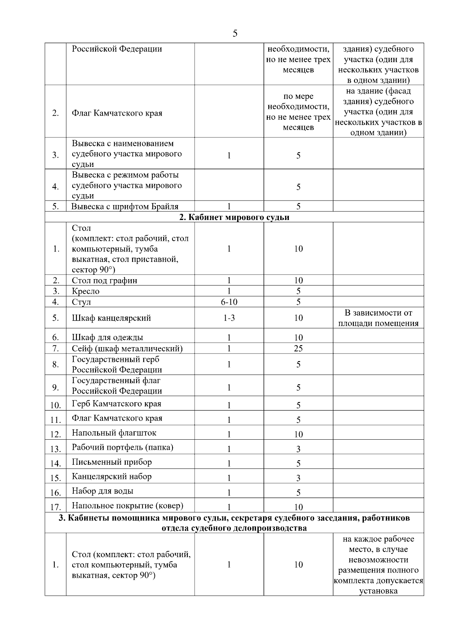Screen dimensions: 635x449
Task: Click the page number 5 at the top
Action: point(235,34)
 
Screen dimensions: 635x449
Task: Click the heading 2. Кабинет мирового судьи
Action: point(234,217)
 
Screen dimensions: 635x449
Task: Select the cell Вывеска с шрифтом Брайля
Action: point(125,206)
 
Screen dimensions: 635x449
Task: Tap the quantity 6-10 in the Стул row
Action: point(229,302)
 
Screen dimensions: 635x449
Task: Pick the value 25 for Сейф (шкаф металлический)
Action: point(298,348)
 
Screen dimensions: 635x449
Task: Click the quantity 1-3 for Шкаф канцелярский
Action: point(229,318)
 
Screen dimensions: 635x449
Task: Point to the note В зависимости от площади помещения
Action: point(378,318)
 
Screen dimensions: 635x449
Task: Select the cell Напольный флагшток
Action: point(114,433)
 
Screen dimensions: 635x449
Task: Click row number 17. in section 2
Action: point(55,507)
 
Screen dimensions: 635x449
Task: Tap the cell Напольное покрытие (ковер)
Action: point(128,506)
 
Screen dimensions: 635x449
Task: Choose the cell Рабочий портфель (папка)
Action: point(122,448)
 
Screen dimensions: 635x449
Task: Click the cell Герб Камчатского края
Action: point(116,404)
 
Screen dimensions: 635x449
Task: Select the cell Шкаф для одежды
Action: point(107,338)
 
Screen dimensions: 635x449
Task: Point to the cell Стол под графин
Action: point(104,281)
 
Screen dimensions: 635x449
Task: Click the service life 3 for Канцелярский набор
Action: point(298,478)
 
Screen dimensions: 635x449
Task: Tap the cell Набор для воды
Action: point(103,491)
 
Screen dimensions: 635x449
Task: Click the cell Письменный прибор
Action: point(112,462)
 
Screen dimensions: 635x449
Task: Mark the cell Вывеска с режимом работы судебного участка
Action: point(127,185)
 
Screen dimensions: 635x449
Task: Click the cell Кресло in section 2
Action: point(86,291)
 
